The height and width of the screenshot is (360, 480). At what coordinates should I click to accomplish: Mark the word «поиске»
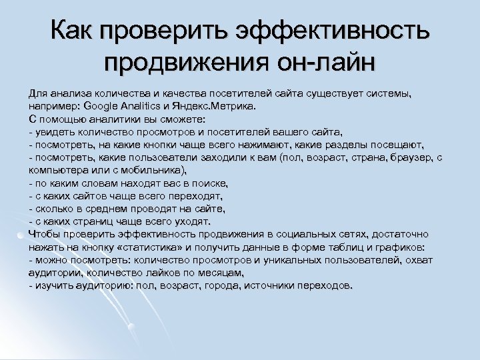point(207,183)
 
